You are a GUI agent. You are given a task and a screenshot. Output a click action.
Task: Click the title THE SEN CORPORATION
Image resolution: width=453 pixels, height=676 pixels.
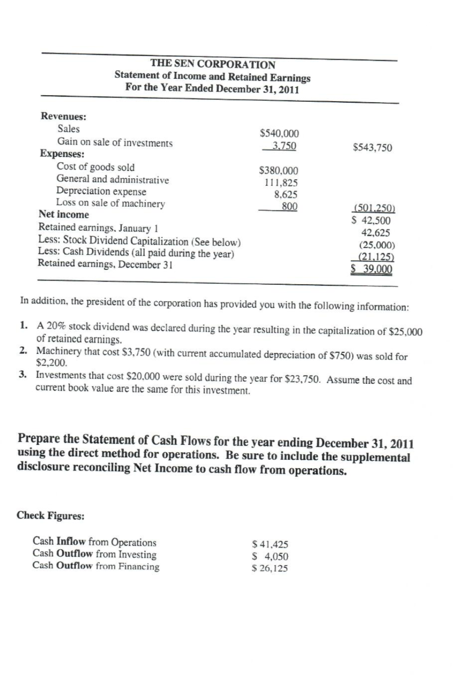(212, 64)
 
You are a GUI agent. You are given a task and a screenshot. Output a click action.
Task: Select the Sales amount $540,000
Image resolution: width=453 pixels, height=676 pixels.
(279, 134)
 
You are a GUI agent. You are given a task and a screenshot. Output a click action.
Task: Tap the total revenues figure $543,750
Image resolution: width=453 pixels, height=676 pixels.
(372, 148)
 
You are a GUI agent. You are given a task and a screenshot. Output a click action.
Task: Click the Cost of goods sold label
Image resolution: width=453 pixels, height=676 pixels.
(95, 167)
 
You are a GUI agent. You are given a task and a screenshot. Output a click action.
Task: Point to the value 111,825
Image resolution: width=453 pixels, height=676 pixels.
(281, 183)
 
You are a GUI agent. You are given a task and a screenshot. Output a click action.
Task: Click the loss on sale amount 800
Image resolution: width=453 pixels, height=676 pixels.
(290, 206)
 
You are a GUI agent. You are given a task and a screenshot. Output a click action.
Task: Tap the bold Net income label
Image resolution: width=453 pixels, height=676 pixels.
(64, 215)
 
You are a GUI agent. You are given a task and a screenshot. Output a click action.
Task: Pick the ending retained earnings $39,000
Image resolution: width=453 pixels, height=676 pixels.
(372, 269)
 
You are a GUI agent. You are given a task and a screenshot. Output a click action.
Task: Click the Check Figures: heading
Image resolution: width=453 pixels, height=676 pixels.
(50, 515)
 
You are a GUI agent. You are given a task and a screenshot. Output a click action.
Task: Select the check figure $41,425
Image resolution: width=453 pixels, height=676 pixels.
(270, 544)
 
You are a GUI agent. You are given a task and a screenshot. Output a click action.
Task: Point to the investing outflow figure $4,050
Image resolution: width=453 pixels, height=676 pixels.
(270, 556)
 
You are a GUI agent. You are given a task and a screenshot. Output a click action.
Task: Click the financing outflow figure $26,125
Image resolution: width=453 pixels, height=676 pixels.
(270, 569)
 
